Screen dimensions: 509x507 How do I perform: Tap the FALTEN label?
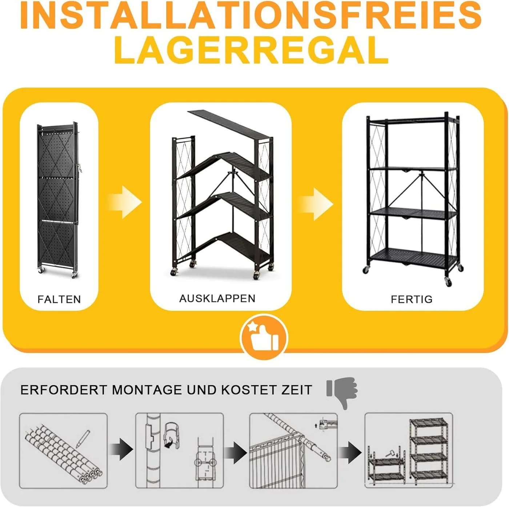click(x=59, y=299)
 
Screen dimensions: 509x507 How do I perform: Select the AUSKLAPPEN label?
click(x=217, y=298)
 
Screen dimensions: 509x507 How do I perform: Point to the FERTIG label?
click(x=412, y=299)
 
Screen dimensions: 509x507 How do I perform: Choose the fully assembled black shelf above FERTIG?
click(x=413, y=198)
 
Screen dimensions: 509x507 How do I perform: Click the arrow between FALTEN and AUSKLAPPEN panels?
click(x=124, y=202)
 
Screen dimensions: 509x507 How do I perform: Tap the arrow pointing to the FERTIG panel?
click(x=316, y=204)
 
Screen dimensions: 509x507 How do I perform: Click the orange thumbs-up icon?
click(x=264, y=338)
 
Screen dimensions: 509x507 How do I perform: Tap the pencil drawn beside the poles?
click(x=84, y=439)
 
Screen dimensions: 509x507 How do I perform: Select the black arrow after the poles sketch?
click(x=121, y=449)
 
